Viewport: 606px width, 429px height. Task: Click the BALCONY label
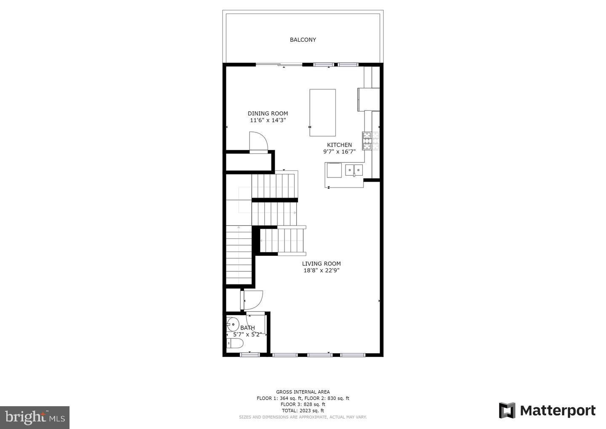[x=303, y=40]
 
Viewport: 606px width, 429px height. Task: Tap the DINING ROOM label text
[x=268, y=113]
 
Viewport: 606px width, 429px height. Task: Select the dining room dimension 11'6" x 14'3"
[x=268, y=120]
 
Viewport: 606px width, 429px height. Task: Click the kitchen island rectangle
[x=322, y=113]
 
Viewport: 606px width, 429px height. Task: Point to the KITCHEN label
[x=339, y=145]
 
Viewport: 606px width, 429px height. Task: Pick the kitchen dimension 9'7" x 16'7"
[x=339, y=152]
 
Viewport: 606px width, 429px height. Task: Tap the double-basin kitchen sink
[x=354, y=170]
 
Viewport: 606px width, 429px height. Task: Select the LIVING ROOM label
[x=321, y=264]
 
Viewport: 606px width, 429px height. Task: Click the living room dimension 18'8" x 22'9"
[x=321, y=271]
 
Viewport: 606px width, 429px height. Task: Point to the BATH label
[x=247, y=328]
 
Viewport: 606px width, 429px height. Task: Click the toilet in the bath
[x=234, y=344]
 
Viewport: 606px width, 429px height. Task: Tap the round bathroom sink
[x=231, y=324]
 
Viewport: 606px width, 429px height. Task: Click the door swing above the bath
[x=253, y=300]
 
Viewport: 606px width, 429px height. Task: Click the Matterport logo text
[x=557, y=410]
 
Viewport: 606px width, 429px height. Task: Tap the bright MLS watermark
[x=35, y=417]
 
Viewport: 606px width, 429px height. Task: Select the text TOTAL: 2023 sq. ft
[x=303, y=410]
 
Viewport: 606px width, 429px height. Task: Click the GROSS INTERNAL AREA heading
[x=303, y=392]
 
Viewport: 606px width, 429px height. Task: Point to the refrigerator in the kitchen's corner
[x=369, y=99]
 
